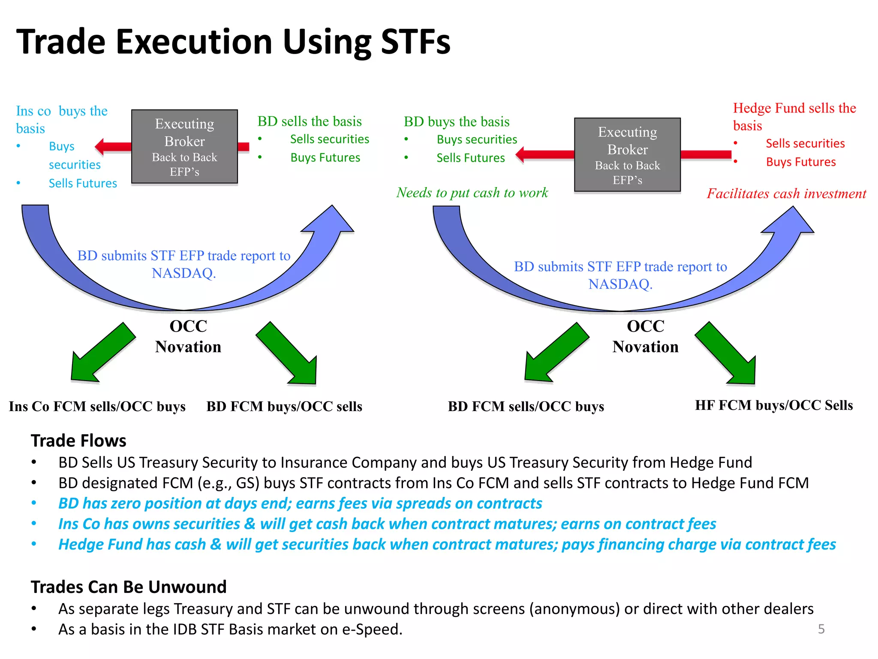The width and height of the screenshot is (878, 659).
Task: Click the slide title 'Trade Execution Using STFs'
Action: pos(233,42)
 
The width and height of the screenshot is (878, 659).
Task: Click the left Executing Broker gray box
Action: pos(184,147)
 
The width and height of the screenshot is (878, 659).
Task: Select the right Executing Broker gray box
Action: pos(627,155)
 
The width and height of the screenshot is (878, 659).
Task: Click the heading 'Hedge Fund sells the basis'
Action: pos(794,117)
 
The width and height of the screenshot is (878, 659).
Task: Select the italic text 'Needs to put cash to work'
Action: pos(472,193)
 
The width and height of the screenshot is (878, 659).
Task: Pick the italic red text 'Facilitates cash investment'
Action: pos(786,193)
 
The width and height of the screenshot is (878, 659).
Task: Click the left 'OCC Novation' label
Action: pos(188,336)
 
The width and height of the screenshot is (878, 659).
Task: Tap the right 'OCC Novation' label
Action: pos(645,336)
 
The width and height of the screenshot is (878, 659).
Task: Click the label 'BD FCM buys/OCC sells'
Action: pos(284,406)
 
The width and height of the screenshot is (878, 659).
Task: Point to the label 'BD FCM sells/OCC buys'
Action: pos(526,406)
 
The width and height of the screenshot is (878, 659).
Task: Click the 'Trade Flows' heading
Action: pos(78,441)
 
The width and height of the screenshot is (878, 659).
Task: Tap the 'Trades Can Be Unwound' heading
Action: pos(129,587)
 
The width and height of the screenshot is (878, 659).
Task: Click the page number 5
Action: pos(821,629)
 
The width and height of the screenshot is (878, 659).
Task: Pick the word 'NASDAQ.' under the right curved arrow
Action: pos(620,284)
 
